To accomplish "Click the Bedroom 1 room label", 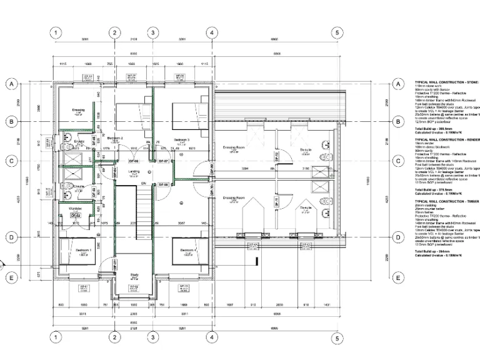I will tap(83, 250).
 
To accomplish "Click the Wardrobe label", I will tap(76, 208).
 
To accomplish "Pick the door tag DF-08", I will tap(164, 185).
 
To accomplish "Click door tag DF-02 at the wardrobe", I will tap(76, 216).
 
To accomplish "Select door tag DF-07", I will tap(164, 161).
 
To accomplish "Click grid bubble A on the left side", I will tap(11, 84).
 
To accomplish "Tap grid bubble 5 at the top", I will tap(337, 33).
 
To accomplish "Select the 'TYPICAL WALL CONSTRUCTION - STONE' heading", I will tap(447, 82).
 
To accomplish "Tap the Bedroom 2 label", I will tap(115, 138).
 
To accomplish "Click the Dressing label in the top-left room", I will tap(78, 110).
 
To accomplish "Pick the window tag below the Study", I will tap(134, 287).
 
